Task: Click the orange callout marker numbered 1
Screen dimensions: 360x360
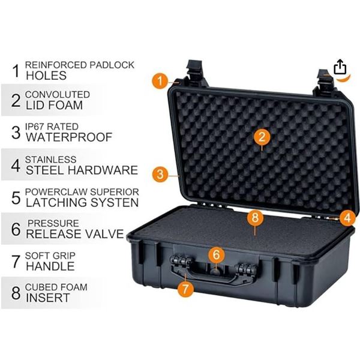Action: (x=160, y=80)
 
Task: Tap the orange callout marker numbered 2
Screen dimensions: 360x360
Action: (x=260, y=137)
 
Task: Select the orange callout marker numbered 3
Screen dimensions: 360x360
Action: (x=159, y=175)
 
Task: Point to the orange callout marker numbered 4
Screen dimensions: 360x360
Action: (x=346, y=218)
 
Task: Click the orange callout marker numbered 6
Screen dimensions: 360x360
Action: (x=217, y=254)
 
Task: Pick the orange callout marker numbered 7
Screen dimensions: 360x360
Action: (x=187, y=288)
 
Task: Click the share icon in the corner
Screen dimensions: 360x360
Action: (x=340, y=66)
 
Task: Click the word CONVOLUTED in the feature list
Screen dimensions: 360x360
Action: (x=58, y=95)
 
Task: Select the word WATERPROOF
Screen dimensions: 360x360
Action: (x=68, y=137)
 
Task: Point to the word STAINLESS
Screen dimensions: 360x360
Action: (x=50, y=160)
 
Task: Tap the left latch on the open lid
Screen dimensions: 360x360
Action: (x=196, y=72)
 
